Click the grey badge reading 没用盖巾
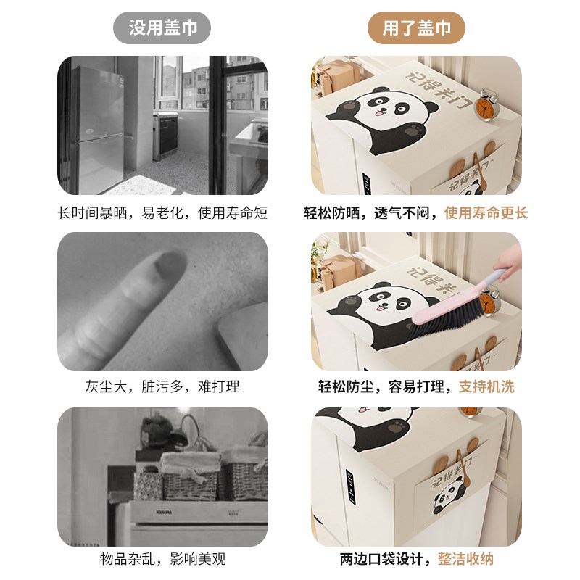tap(162, 28)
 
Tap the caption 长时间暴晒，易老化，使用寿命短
tap(162, 213)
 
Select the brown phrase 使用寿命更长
tap(486, 213)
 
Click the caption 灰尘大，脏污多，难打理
tap(162, 386)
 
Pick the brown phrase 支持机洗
tap(486, 386)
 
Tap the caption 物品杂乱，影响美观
tap(162, 559)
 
